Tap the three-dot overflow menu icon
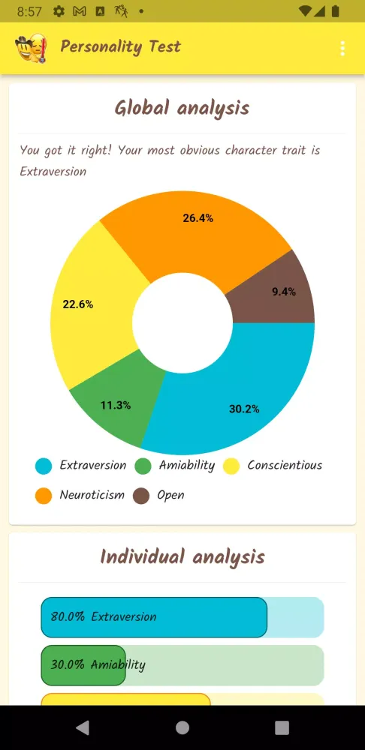click(342, 49)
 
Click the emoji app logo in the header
click(31, 49)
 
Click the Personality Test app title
click(120, 46)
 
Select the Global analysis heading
click(182, 108)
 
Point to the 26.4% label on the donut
click(198, 218)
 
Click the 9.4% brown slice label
click(284, 292)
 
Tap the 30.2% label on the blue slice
click(244, 409)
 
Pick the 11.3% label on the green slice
click(116, 405)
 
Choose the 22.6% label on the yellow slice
click(78, 304)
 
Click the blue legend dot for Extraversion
click(44, 466)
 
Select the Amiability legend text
click(186, 466)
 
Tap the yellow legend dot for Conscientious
click(231, 466)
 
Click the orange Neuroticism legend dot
click(44, 496)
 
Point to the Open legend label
click(170, 496)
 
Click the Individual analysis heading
click(182, 556)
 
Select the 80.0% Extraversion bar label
click(104, 617)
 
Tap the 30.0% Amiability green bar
click(83, 665)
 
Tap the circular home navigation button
click(182, 727)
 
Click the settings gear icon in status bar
click(59, 12)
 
